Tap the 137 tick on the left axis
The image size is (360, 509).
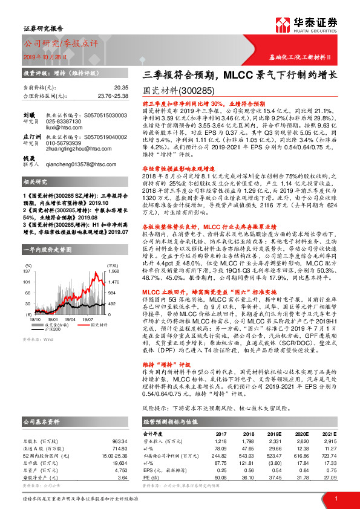point(27,272)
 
